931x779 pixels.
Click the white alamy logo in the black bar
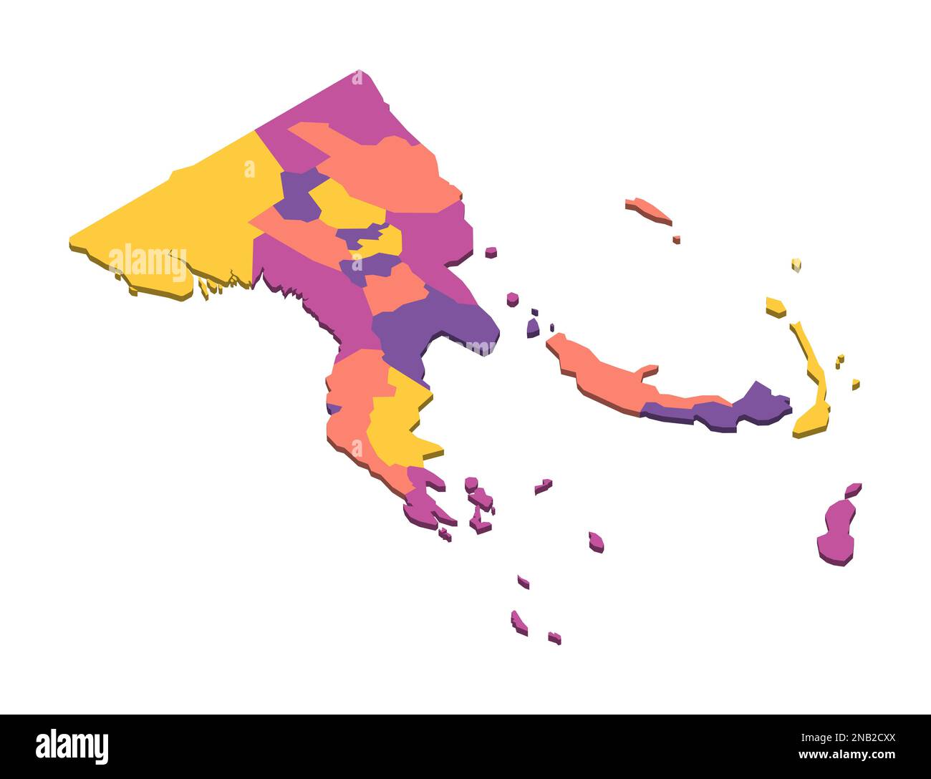point(72,746)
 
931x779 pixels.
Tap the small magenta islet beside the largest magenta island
point(852,490)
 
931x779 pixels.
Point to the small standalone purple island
point(533,329)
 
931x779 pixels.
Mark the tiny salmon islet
point(676,239)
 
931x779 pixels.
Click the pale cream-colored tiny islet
point(796,265)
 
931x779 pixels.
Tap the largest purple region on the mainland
point(430,322)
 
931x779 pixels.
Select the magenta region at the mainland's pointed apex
point(344,107)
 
